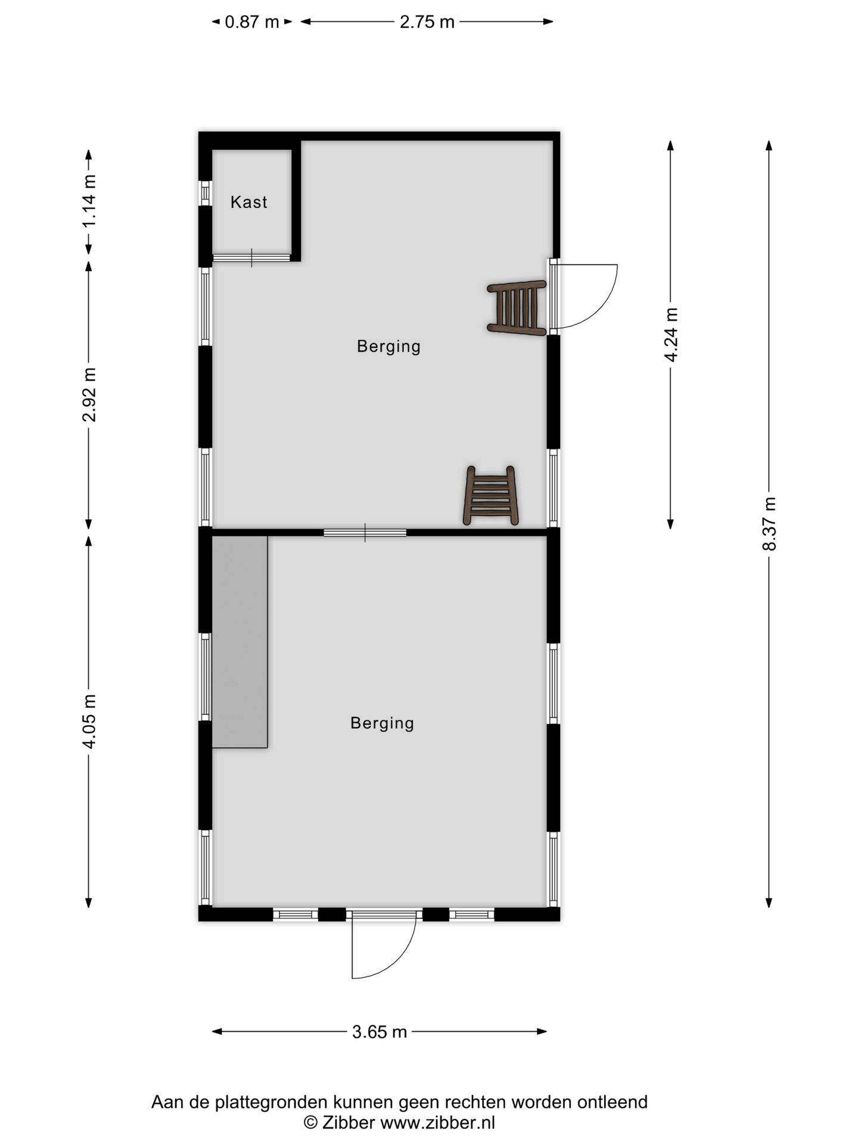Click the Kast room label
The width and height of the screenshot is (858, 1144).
248,202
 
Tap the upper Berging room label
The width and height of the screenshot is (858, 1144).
388,346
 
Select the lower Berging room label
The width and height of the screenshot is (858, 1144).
382,723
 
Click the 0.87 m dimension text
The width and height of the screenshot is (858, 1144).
251,22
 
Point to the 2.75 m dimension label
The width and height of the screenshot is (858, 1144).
427,22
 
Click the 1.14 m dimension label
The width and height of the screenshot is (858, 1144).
89,200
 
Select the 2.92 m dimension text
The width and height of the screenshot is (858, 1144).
89,394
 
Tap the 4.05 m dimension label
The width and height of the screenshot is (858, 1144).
89,721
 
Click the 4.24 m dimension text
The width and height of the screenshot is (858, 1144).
671,334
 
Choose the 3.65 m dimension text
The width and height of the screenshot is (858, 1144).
379,1031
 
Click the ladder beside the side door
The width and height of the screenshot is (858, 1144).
517,307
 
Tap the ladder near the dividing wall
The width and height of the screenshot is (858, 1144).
490,496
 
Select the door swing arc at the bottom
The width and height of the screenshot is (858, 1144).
393,959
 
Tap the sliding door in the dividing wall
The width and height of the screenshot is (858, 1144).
365,532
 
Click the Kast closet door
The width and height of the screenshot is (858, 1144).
251,257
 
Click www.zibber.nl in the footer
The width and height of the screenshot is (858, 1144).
437,1123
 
